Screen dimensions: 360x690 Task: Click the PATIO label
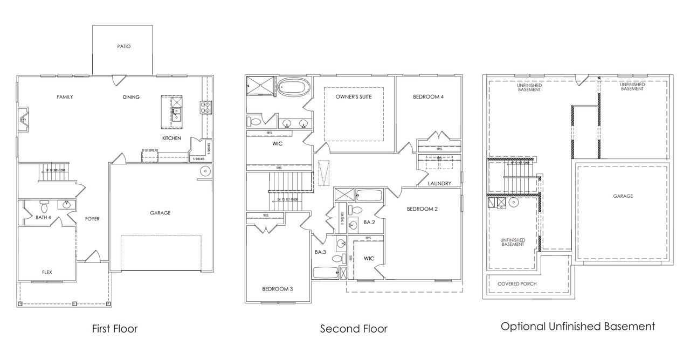point(124,46)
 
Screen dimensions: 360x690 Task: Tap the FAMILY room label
point(65,97)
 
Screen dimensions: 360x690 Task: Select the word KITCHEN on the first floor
point(171,139)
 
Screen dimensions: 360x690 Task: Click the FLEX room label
point(47,272)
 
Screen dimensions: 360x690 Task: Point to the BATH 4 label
point(44,218)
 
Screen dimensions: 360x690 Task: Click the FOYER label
point(92,218)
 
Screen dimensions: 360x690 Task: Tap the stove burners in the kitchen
point(205,108)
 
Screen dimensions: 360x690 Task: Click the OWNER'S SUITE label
point(354,97)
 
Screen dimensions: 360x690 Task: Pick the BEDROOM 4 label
point(429,97)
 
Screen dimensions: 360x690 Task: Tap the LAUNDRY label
point(439,183)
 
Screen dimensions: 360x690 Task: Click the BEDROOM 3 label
point(277,289)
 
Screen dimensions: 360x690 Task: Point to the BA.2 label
point(369,221)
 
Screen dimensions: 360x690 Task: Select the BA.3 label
point(321,252)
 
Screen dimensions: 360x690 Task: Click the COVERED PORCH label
point(517,283)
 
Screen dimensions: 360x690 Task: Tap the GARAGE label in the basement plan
point(623,196)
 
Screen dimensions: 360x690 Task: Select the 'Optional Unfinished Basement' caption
point(578,326)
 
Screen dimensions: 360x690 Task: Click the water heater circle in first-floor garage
point(205,172)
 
